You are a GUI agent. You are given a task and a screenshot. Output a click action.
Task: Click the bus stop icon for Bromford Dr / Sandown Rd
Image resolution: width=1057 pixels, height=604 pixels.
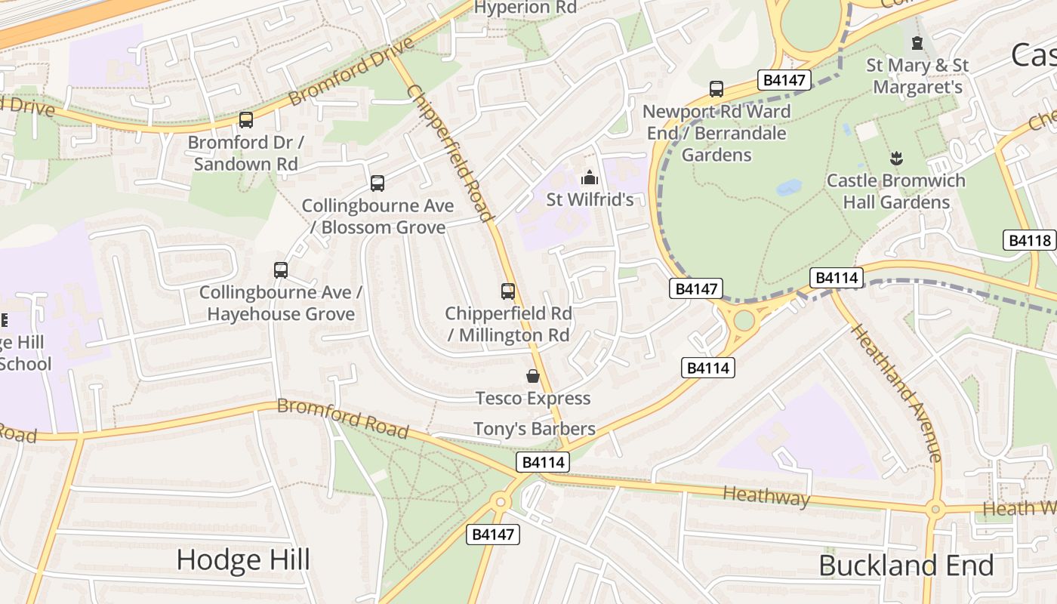245,119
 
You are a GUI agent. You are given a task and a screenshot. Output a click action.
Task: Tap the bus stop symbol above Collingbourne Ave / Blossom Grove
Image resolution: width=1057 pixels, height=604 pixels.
377,183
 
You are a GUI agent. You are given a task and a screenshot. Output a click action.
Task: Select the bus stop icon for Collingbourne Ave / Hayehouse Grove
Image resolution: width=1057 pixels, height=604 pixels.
281,270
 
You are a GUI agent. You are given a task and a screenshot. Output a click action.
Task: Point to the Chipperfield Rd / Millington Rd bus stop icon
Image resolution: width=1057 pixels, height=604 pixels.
508,291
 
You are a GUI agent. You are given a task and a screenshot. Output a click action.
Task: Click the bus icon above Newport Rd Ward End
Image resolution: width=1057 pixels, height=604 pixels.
716,89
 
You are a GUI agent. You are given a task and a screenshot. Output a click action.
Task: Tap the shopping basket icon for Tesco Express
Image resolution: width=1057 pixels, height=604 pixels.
533,376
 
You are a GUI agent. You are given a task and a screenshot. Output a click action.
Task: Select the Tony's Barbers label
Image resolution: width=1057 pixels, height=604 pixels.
534,429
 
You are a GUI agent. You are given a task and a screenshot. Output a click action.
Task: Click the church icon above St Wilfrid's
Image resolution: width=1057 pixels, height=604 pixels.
589,178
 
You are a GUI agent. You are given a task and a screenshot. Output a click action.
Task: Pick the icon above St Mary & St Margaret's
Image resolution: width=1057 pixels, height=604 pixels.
917,43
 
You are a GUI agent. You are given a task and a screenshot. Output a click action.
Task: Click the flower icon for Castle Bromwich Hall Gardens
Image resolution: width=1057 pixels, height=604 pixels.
896,159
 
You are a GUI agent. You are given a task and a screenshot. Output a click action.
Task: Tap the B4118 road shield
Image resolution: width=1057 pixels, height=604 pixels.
1030,240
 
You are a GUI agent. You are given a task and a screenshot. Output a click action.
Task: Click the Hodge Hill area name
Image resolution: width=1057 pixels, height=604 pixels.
243,559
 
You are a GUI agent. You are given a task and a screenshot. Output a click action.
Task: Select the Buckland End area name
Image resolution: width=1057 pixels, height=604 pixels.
906,565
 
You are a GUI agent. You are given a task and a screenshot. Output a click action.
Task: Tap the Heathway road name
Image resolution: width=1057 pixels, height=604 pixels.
766,496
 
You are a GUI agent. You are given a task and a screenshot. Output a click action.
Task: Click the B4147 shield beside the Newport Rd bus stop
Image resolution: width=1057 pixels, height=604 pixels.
784,80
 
